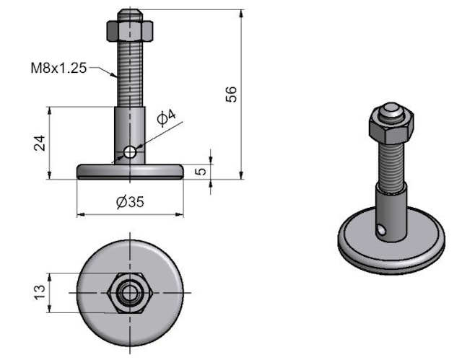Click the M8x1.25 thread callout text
click(x=59, y=68)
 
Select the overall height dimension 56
click(x=231, y=95)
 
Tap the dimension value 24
click(x=40, y=143)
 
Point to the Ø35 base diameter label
click(x=130, y=202)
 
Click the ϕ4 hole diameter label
click(x=167, y=118)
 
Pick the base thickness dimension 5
click(x=201, y=171)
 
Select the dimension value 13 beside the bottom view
click(x=40, y=292)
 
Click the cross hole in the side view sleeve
click(x=130, y=152)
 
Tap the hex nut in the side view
click(x=130, y=30)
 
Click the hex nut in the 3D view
click(x=391, y=125)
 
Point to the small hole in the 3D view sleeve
click(x=381, y=229)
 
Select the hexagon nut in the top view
click(x=130, y=293)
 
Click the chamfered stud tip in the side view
click(x=130, y=14)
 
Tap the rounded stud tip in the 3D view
click(x=391, y=110)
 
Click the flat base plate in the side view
click(x=130, y=172)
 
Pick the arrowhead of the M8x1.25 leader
click(x=115, y=75)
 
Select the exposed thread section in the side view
click(x=130, y=74)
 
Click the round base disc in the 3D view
click(x=391, y=241)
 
